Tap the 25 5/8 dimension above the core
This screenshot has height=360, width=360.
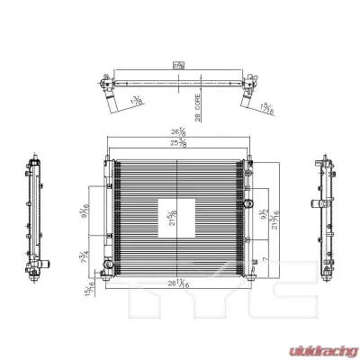[x=178, y=147]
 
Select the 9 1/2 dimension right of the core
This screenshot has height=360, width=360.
[x=258, y=216]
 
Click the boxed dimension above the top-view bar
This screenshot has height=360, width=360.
[x=178, y=65]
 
